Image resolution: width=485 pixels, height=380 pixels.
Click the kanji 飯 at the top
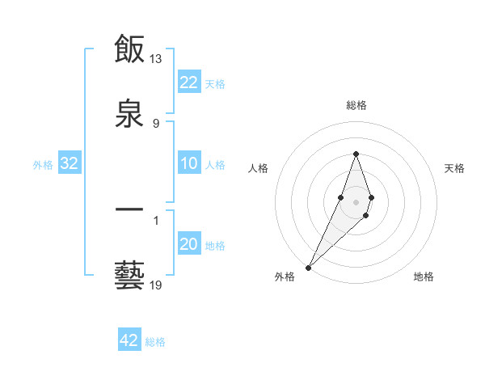[130, 49]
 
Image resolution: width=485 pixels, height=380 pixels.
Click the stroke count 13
[156, 60]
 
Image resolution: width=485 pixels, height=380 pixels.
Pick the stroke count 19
[156, 285]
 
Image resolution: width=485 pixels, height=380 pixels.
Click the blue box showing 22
[189, 82]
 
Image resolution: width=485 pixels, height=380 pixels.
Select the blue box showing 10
[189, 164]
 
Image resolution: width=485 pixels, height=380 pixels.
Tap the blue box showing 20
[189, 245]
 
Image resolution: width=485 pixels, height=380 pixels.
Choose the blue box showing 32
[70, 164]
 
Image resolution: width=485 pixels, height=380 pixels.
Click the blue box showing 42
[129, 340]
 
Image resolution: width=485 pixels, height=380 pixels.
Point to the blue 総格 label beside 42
[155, 342]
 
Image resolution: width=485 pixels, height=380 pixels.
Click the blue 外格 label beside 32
[43, 165]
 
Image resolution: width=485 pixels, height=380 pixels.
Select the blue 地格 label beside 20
[215, 246]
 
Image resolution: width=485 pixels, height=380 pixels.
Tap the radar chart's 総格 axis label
[356, 106]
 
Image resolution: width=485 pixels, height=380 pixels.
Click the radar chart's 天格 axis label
[455, 168]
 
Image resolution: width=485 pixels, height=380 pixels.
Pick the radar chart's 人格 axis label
[258, 168]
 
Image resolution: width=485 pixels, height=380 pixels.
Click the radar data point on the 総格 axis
[356, 154]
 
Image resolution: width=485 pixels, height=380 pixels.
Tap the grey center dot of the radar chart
[356, 201]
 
